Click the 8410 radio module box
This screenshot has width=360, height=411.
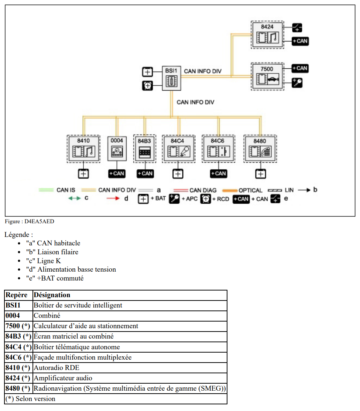(83, 149)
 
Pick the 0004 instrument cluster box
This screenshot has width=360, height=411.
(117, 149)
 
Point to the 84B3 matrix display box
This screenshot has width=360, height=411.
(144, 149)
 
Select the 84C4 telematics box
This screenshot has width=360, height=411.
(178, 149)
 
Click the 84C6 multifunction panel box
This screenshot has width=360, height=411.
(219, 149)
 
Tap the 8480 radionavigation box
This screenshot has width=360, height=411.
(260, 149)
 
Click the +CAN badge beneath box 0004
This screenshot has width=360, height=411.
(117, 173)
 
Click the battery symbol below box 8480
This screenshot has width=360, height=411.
(261, 173)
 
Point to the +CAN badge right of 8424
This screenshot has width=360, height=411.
(300, 41)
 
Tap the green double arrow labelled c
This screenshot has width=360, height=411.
(75, 198)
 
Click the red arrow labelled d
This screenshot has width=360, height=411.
(113, 198)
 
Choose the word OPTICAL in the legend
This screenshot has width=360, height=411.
(250, 190)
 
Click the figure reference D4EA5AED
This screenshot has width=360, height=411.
(40, 221)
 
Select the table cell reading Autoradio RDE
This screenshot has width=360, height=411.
(56, 368)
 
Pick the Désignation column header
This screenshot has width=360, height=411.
(52, 295)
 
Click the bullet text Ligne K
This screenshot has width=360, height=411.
(49, 261)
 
